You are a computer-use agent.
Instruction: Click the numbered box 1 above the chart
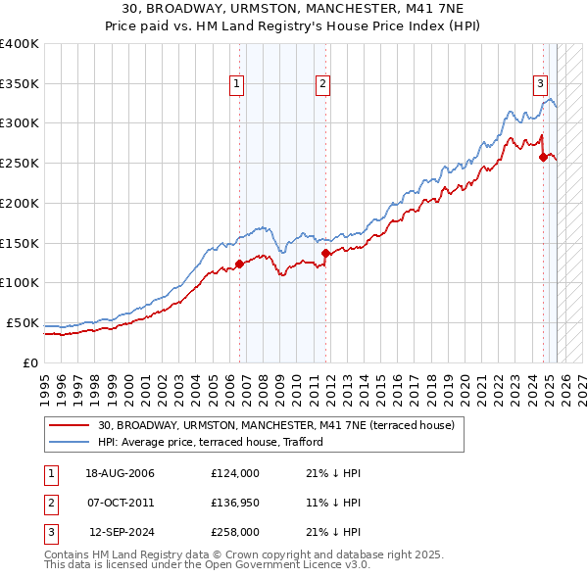click(237, 85)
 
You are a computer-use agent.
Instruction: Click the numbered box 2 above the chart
click(322, 85)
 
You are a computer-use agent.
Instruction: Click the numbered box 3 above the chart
click(540, 85)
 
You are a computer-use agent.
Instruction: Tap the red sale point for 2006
click(239, 264)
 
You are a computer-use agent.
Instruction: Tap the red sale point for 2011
click(325, 254)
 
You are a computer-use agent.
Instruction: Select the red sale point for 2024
click(543, 157)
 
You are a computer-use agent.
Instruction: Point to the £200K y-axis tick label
click(20, 203)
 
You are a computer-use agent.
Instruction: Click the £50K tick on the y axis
click(24, 322)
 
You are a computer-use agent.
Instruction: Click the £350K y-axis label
click(20, 83)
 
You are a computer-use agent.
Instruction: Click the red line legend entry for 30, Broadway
click(275, 426)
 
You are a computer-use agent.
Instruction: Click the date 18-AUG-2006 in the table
click(120, 473)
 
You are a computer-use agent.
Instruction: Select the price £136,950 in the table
click(234, 503)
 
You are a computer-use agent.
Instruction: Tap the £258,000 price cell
click(234, 532)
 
